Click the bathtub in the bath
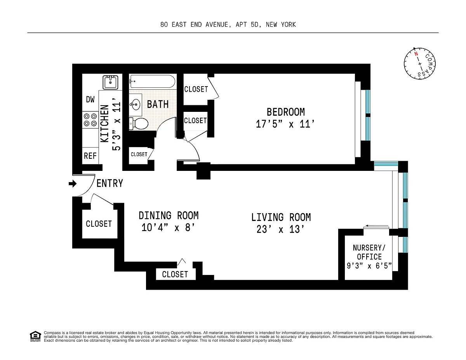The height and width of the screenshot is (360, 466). tap(152, 81)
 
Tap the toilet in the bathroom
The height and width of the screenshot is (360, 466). tap(139, 123)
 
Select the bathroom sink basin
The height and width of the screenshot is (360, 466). tap(135, 104)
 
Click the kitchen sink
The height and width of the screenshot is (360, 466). tap(110, 82)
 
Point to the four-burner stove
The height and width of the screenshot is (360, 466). tap(90, 120)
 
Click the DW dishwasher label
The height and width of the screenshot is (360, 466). tap(90, 99)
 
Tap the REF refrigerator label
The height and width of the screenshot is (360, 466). tap(90, 156)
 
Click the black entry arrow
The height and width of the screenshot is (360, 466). tap(73, 184)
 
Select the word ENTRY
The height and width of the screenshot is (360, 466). tap(110, 184)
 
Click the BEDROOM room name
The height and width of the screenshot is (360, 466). tap(285, 112)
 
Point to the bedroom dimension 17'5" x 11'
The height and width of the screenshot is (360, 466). tap(285, 124)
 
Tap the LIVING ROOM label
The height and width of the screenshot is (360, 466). tap(281, 217)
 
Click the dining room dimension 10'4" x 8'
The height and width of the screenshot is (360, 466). tap(168, 228)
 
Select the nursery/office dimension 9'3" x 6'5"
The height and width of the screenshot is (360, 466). tap(369, 266)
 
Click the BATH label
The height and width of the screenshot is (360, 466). tap(158, 104)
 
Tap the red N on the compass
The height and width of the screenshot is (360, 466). tap(416, 54)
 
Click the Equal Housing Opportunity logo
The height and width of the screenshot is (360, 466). tap(35, 336)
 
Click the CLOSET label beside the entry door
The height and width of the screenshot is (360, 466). tap(99, 224)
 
